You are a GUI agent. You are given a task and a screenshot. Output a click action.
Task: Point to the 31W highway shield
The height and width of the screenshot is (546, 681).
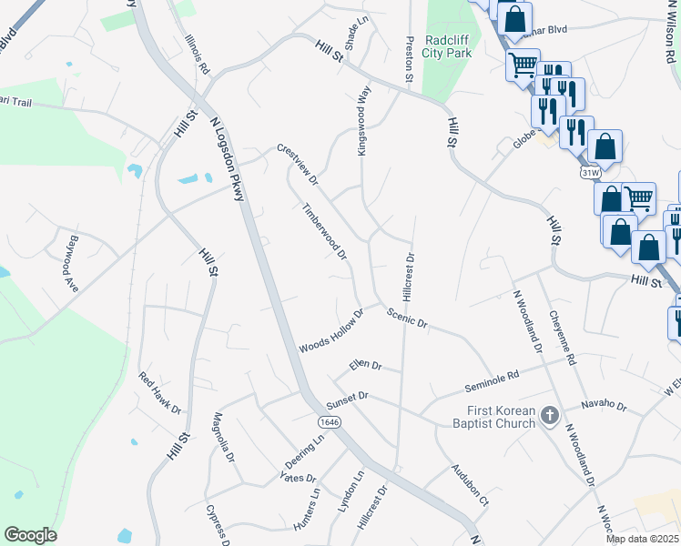point(589,171)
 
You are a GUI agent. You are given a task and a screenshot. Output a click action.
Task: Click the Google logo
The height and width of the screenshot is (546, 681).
point(30,535)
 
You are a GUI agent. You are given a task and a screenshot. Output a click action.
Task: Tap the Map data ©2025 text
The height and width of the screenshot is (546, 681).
point(643,539)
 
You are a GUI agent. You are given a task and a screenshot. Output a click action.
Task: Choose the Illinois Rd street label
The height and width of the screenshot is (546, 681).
point(197,55)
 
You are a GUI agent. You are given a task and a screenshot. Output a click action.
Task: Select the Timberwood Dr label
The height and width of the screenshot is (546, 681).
point(324,231)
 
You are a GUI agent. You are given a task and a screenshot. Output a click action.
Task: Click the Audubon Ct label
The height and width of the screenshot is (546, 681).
point(470,484)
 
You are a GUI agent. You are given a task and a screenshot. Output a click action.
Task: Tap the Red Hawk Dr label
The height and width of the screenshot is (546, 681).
point(160,389)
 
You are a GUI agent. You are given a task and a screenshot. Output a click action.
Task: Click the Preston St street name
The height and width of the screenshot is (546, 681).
point(410,57)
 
